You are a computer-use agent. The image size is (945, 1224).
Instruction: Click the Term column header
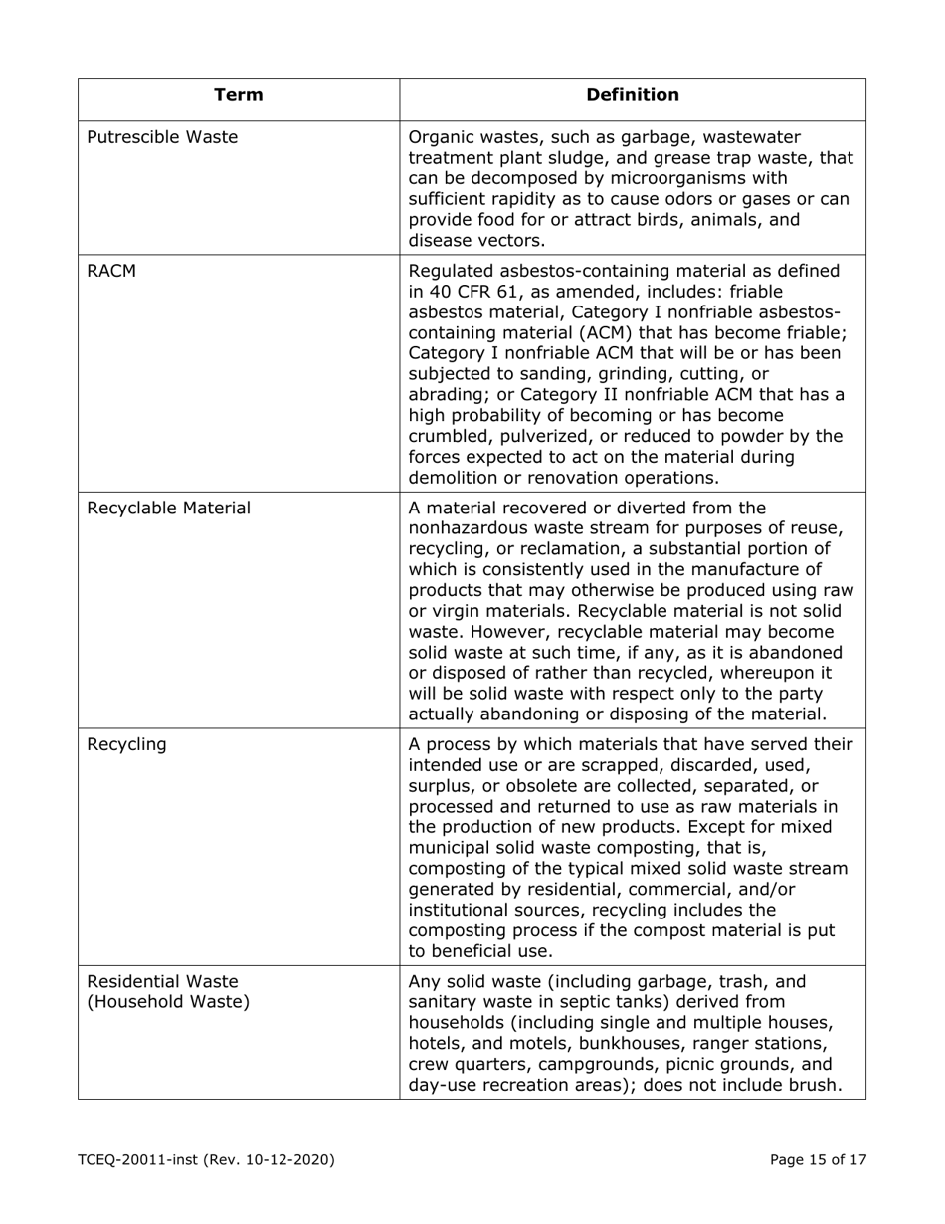[x=239, y=95]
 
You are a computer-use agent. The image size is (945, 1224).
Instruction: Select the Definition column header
[x=633, y=95]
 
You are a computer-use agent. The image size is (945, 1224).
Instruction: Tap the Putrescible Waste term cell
[x=163, y=137]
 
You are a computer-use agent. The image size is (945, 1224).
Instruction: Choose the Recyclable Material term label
[x=169, y=509]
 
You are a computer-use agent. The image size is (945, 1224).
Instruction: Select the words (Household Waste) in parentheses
[x=168, y=1001]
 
